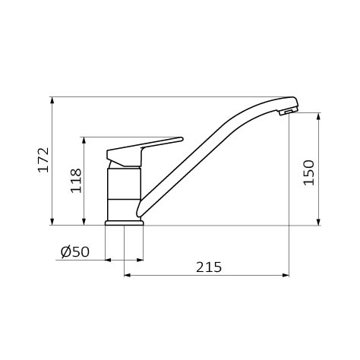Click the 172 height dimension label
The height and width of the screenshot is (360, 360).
(x=43, y=159)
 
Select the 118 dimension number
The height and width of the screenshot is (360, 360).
(x=76, y=181)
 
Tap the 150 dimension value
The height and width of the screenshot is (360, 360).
(x=308, y=172)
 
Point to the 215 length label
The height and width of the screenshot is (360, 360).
(x=209, y=267)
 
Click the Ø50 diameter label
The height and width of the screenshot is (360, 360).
(x=75, y=252)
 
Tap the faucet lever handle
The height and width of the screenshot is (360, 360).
(x=144, y=152)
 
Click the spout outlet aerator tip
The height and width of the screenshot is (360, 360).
(x=288, y=112)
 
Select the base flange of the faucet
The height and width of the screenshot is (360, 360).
(x=125, y=223)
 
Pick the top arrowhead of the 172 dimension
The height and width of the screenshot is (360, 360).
(x=52, y=100)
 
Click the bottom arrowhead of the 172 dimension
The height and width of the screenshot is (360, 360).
(x=52, y=222)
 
